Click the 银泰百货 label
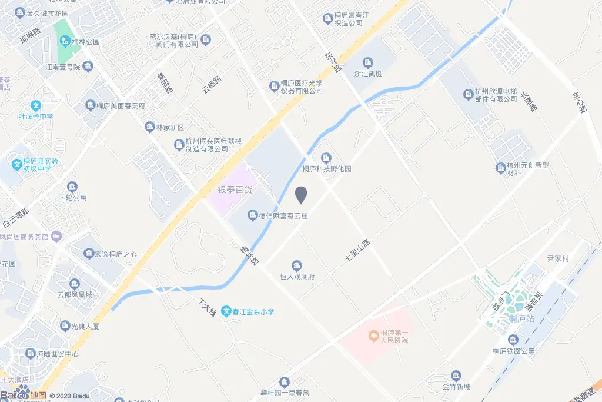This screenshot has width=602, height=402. (x=235, y=190)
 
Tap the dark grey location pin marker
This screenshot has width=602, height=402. (x=301, y=195)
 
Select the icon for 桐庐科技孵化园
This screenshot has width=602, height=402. (x=326, y=158)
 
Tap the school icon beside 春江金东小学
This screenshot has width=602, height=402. (x=226, y=312)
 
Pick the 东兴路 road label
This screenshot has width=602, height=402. (x=333, y=61)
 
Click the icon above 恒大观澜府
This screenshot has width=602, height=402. (x=297, y=265)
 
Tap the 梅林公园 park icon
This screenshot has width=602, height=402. (x=65, y=42)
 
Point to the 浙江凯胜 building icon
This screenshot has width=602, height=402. (x=368, y=62)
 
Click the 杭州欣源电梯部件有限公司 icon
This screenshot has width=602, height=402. (x=468, y=94)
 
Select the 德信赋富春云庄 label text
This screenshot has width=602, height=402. (x=284, y=216)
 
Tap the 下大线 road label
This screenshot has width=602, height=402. (x=206, y=307)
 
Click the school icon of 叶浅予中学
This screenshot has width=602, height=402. (x=36, y=106)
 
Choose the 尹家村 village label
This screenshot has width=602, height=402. (x=558, y=258)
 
